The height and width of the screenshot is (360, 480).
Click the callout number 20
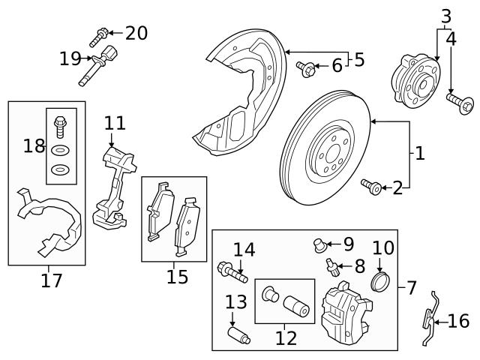pyautogui.click(x=136, y=33)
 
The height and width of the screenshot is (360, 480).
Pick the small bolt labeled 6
pyautogui.click(x=307, y=68)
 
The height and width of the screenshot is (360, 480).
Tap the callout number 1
pyautogui.click(x=419, y=154)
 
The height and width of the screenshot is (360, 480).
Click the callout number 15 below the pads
pyautogui.click(x=177, y=277)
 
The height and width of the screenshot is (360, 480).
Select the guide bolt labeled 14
pyautogui.click(x=232, y=271)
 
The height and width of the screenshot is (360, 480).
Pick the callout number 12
pyautogui.click(x=286, y=337)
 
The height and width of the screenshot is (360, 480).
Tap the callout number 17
pyautogui.click(x=51, y=280)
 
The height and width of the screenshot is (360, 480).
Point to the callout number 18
pyautogui.click(x=34, y=145)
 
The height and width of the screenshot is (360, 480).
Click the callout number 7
pyautogui.click(x=410, y=287)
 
